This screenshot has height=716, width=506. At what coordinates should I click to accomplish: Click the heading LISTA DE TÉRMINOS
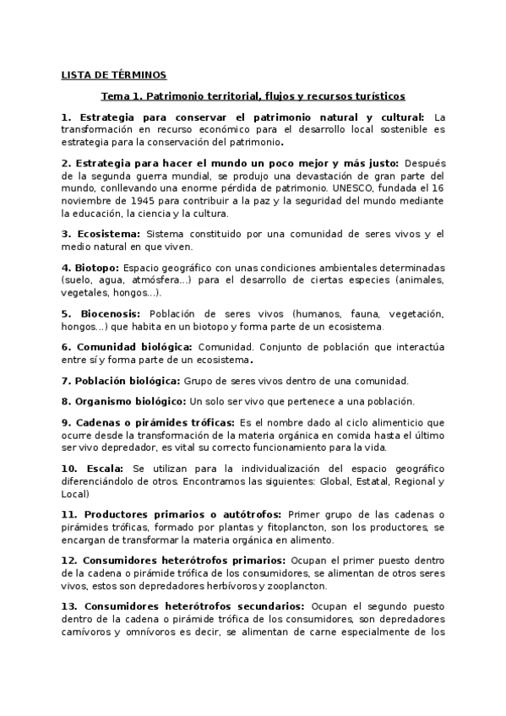(x=114, y=74)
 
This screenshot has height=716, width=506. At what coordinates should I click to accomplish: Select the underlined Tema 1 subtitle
(x=253, y=96)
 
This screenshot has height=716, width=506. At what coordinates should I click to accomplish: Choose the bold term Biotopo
(x=96, y=267)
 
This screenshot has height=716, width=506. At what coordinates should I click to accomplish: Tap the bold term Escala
(x=105, y=468)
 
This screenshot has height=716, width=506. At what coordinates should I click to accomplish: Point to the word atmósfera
(x=174, y=279)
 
